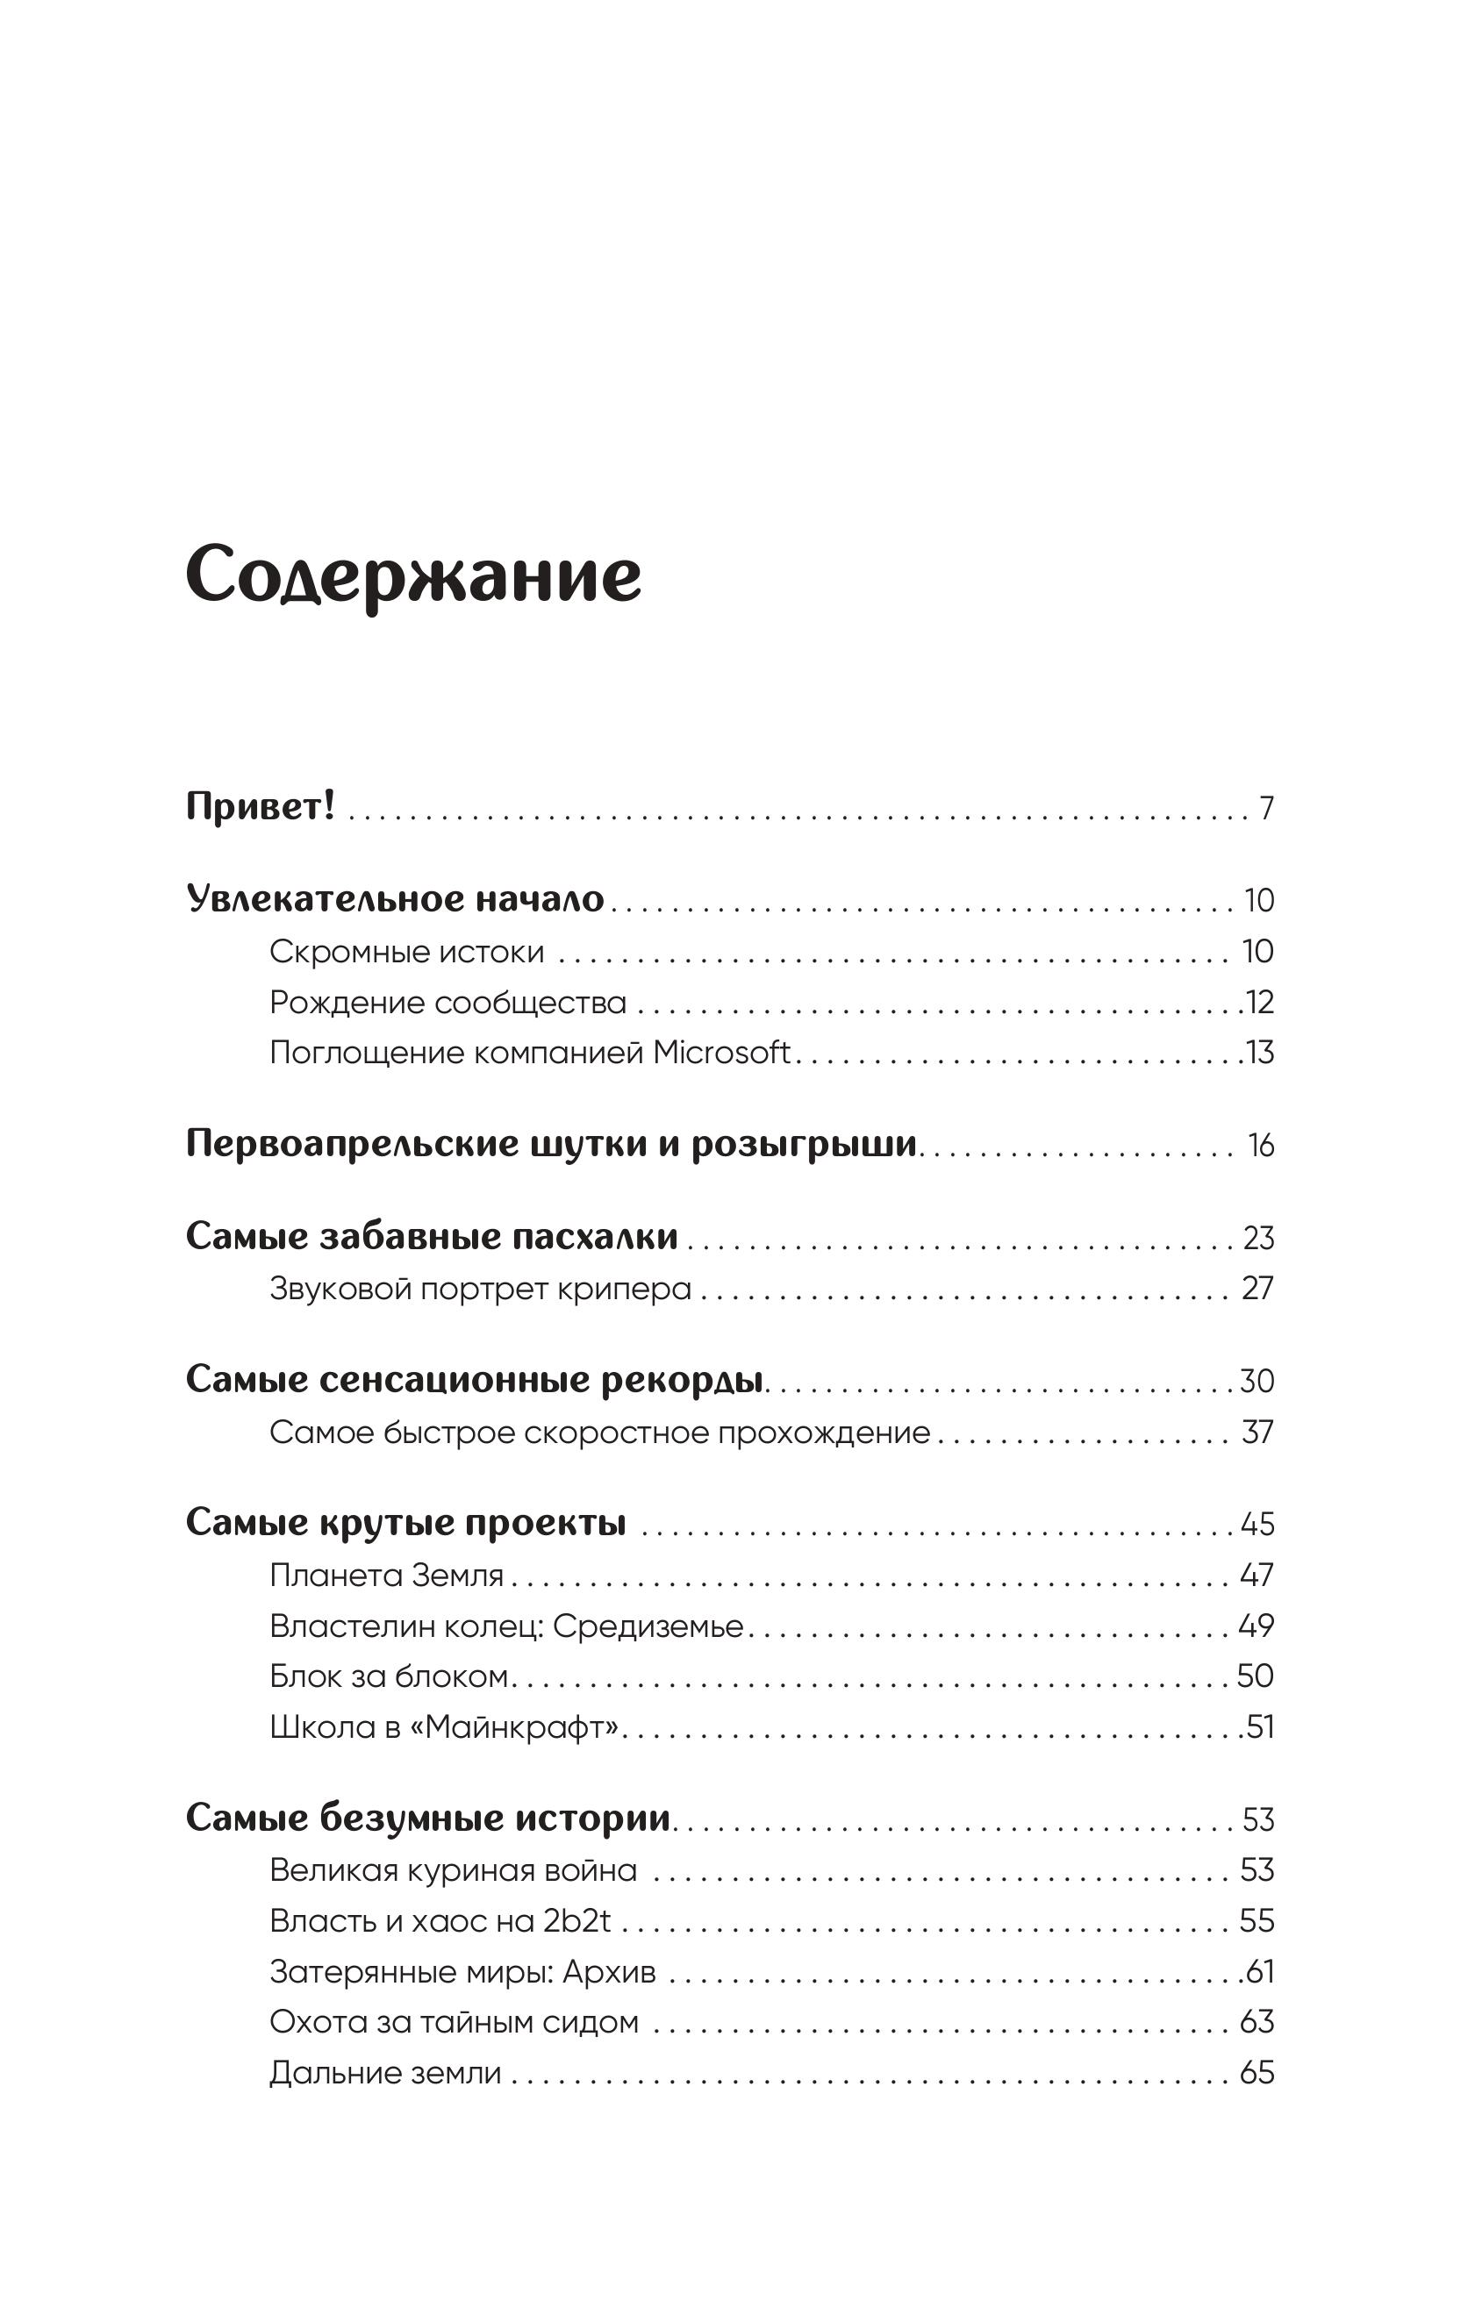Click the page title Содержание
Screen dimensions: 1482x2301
pyautogui.click(x=413, y=575)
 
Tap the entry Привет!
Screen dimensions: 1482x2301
pyautogui.click(x=260, y=806)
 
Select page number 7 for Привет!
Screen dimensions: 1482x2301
pyautogui.click(x=1266, y=808)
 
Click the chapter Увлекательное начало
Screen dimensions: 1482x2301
pyautogui.click(x=395, y=898)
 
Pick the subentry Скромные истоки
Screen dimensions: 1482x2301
pyautogui.click(x=406, y=952)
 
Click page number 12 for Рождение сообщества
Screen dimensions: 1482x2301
pyautogui.click(x=1261, y=1003)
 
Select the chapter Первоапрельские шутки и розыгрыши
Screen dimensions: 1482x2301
pyautogui.click(x=550, y=1144)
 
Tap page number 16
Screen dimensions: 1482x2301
pyautogui.click(x=1261, y=1145)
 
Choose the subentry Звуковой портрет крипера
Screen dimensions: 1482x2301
pyautogui.click(x=480, y=1288)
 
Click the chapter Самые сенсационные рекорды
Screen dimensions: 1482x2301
pyautogui.click(x=475, y=1379)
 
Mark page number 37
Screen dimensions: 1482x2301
pyautogui.click(x=1256, y=1433)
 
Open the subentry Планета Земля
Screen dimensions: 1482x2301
pyautogui.click(x=386, y=1575)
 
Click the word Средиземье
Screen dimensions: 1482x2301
pyautogui.click(x=648, y=1626)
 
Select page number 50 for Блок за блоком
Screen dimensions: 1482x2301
pyautogui.click(x=1255, y=1676)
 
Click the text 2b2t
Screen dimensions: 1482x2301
pyautogui.click(x=576, y=1921)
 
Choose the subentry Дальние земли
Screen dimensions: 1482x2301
pyautogui.click(x=385, y=2073)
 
